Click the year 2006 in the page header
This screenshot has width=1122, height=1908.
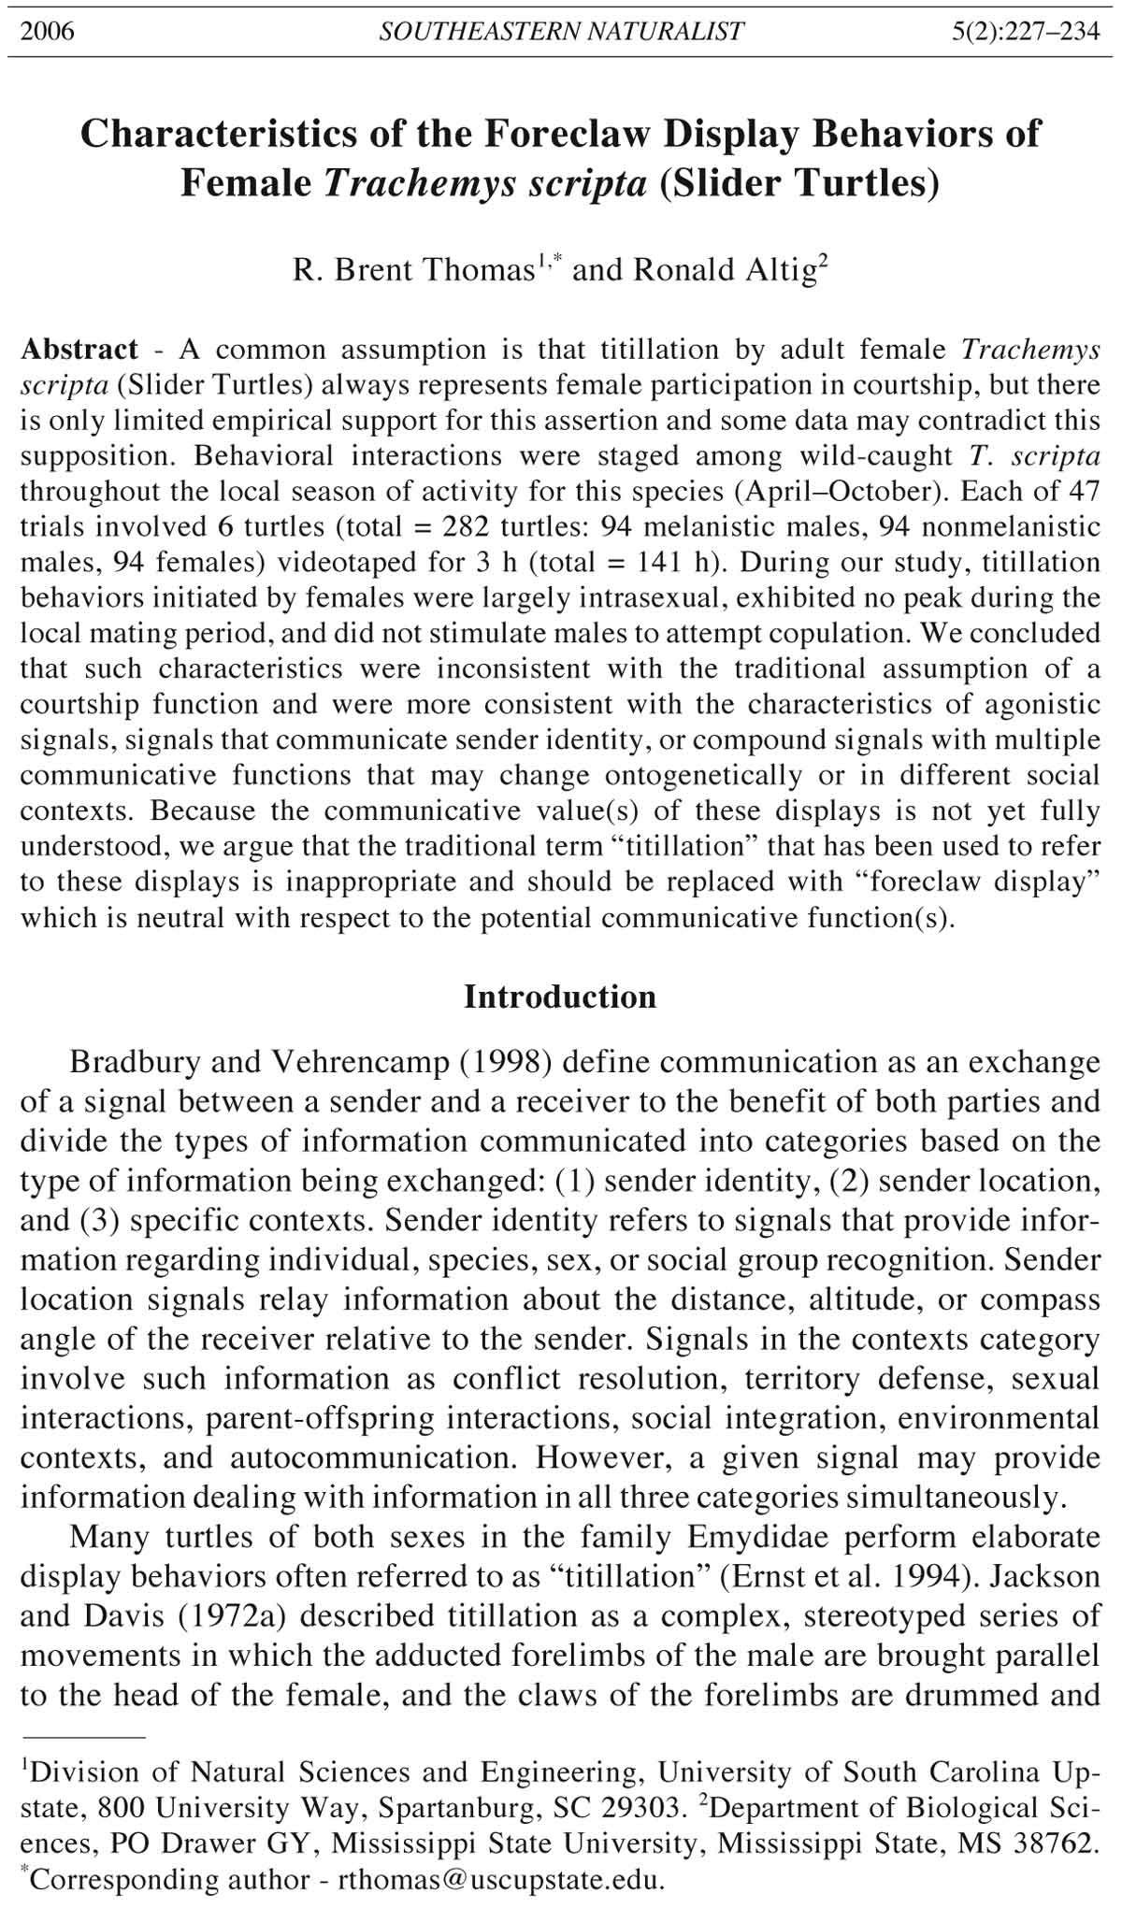[48, 32]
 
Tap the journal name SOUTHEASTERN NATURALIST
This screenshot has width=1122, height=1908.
[561, 32]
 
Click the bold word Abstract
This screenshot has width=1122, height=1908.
[79, 350]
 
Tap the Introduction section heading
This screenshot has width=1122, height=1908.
[560, 997]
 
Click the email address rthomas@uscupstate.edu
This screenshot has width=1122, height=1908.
[500, 1879]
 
